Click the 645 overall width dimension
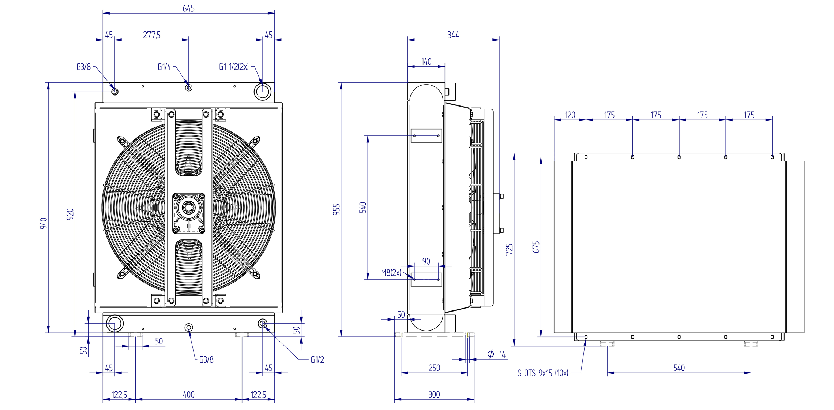188,8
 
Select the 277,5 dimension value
152,35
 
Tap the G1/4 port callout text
164,67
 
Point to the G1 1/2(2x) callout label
234,67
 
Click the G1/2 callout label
318,360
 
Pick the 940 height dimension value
44,223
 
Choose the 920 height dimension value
70,214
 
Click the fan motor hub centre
188,208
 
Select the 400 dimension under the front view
188,395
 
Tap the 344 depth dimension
453,35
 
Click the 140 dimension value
426,61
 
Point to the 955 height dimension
337,209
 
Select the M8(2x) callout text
391,273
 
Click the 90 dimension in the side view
426,261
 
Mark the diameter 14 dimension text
496,354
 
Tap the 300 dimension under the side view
434,395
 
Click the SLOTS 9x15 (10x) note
543,373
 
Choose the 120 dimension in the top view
570,115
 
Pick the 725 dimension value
510,250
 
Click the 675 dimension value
536,247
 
